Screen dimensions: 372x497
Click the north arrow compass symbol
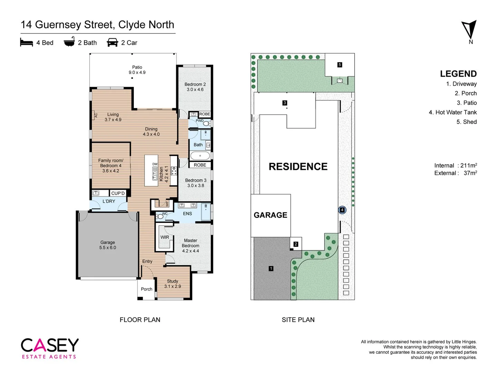coord(469,30)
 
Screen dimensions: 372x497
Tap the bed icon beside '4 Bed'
coord(27,42)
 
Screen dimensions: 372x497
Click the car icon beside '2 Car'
coord(113,42)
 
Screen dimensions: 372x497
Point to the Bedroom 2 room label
coord(195,84)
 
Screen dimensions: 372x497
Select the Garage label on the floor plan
coord(108,242)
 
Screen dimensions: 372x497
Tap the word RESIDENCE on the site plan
coord(298,167)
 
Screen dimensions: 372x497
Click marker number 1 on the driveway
coord(271,268)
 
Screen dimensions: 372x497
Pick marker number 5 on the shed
coord(340,65)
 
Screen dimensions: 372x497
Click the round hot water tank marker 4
coord(342,210)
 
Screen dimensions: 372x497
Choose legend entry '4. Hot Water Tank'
coord(452,112)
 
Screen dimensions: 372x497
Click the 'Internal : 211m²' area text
coord(455,166)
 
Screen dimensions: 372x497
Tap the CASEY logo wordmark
coord(50,345)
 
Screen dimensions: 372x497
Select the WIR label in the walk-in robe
coord(165,237)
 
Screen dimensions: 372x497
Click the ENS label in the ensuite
coord(187,214)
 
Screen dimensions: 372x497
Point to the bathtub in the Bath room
coord(200,156)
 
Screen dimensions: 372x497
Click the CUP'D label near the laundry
coord(118,193)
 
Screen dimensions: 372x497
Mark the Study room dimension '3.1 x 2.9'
coord(173,286)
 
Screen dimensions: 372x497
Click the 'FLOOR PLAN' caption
coord(140,320)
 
